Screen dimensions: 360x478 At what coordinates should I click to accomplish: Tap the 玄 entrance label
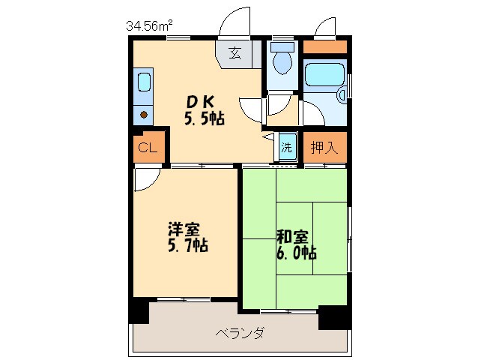[235, 53]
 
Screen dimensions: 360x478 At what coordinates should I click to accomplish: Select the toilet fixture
[282, 60]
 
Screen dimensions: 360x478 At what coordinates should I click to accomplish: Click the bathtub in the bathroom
[324, 76]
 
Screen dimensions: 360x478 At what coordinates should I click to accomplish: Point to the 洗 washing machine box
[287, 147]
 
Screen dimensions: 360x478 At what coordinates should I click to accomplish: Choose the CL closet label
[148, 148]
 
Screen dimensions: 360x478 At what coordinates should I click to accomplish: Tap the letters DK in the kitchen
[199, 102]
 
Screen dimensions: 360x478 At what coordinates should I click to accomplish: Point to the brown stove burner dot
[144, 114]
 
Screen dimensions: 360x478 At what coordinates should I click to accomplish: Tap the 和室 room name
[291, 235]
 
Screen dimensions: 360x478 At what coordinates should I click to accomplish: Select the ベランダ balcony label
[240, 333]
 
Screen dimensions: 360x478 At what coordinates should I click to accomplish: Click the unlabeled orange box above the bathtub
[325, 46]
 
